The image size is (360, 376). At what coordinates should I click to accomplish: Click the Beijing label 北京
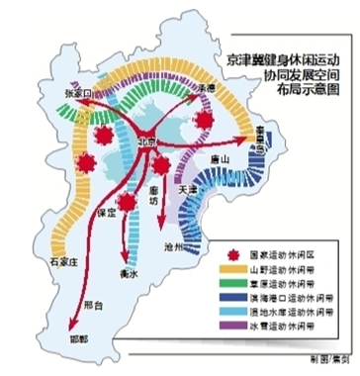(x=148, y=141)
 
